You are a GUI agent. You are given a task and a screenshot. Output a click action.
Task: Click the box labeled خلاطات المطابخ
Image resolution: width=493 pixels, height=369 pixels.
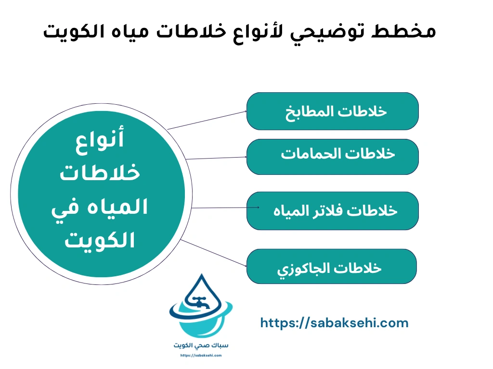332,111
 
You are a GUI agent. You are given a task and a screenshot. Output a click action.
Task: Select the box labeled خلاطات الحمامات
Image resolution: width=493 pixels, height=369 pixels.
332,157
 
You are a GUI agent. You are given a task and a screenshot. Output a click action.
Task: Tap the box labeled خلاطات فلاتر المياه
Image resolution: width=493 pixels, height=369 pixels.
332,210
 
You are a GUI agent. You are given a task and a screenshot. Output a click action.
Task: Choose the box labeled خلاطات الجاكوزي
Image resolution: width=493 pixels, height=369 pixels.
331,266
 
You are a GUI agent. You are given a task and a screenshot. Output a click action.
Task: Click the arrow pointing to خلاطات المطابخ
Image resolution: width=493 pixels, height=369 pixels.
207,120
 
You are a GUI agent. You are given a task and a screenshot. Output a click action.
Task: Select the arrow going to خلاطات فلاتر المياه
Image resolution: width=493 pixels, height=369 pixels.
221,208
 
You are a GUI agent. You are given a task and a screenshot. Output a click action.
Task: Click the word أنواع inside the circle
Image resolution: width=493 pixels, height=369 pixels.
100,140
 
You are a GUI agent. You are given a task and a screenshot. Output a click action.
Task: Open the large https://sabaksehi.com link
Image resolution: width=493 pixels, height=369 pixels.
334,323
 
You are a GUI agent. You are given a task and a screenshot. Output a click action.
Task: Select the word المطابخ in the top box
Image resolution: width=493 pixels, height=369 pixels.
314,111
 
